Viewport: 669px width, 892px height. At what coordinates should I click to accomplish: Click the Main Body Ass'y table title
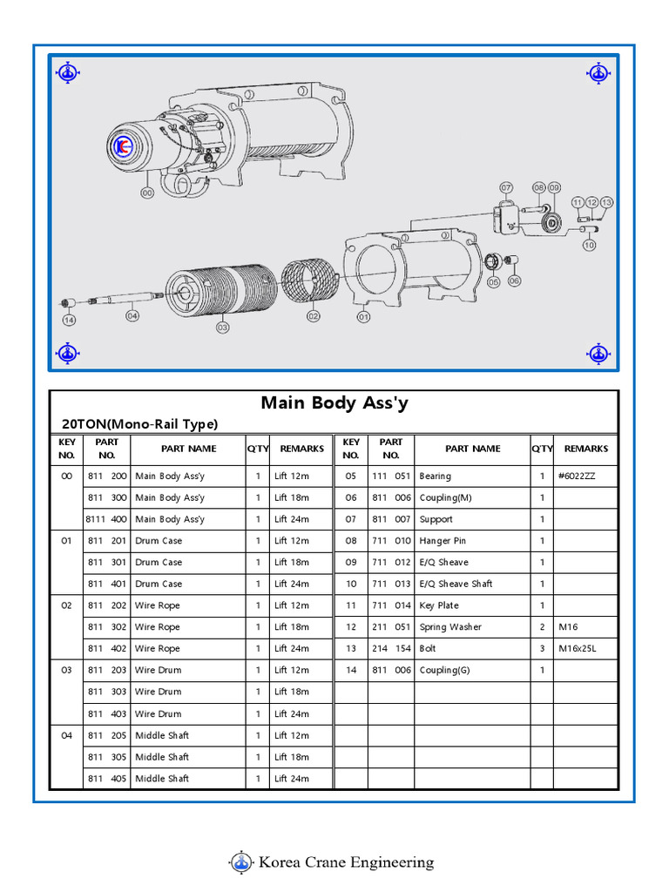coord(334,403)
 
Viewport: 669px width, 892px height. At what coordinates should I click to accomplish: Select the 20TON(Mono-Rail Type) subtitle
coord(139,424)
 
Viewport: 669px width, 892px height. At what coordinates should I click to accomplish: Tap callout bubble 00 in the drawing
coord(146,193)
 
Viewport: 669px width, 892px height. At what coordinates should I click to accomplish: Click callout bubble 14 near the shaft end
coord(69,321)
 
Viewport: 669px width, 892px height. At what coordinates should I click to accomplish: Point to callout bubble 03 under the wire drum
coord(222,327)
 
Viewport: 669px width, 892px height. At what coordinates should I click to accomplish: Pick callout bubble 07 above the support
coord(506,188)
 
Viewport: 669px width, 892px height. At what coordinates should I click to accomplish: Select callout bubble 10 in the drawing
coord(590,246)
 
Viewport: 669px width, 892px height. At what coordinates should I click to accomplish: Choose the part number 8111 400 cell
coord(106,519)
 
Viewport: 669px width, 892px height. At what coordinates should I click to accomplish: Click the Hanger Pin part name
coord(443,541)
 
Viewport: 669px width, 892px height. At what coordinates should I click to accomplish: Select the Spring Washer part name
coord(449,627)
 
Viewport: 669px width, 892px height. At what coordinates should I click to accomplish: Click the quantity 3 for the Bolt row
coord(542,649)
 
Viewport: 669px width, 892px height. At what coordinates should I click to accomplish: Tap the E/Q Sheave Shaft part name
coord(456,584)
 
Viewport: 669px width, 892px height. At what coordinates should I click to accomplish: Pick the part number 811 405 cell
coord(106,779)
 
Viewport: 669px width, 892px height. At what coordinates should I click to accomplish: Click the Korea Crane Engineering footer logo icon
coord(241,862)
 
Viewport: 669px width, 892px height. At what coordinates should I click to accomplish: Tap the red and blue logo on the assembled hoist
coord(121,147)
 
